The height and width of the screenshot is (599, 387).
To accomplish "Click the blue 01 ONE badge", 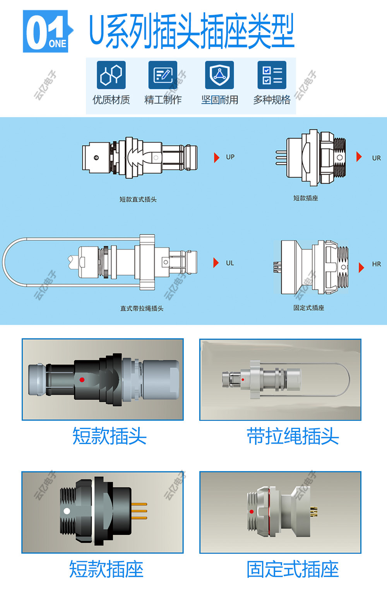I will [46, 32].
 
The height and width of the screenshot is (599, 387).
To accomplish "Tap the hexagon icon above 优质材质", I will [111, 75].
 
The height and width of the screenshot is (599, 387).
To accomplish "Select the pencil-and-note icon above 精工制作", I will [163, 75].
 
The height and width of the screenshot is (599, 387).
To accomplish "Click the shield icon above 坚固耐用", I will [219, 75].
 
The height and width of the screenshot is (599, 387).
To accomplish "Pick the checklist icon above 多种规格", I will [272, 75].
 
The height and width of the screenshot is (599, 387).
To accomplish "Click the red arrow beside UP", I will [217, 157].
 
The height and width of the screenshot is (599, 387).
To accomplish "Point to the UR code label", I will [376, 158].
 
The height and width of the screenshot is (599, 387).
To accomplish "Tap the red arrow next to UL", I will [216, 263].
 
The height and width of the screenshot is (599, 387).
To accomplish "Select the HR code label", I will [376, 264].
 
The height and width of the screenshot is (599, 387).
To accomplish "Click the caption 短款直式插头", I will [138, 199].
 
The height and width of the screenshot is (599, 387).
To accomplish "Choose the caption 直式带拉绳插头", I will [142, 308].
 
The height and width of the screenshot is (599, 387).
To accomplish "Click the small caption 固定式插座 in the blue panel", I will [308, 308].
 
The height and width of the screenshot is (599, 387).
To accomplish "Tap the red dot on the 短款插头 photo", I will [82, 380].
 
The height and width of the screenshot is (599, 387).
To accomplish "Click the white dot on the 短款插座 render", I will [67, 511].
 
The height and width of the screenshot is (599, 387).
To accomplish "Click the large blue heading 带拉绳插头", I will [293, 436].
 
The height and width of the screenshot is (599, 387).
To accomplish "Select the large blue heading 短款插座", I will [106, 569].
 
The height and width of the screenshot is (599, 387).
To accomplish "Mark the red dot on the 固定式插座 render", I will [252, 512].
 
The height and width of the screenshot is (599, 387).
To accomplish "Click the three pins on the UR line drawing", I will [281, 158].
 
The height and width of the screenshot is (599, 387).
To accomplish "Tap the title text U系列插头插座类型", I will [192, 31].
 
